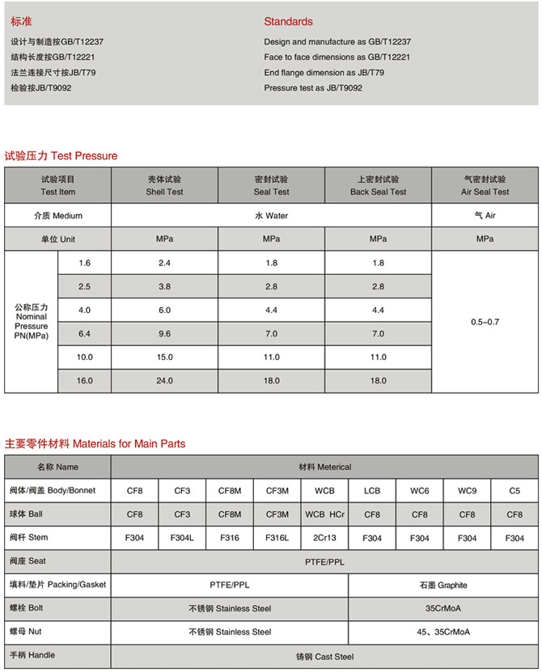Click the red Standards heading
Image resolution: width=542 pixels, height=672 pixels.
click(x=288, y=22)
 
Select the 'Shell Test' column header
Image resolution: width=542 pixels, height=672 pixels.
click(x=164, y=186)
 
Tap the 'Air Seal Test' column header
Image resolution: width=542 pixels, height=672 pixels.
click(x=485, y=186)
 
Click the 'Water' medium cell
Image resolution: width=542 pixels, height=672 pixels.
click(x=271, y=216)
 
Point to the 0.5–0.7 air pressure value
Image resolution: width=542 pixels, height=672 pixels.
click(x=485, y=322)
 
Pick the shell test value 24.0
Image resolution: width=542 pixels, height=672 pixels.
click(x=164, y=380)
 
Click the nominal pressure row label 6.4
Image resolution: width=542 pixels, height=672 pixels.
click(x=85, y=334)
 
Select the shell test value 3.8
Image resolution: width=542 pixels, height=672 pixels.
click(x=164, y=287)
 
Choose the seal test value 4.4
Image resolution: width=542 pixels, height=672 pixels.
click(x=271, y=311)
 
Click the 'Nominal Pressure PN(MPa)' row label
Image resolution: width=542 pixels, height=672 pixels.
click(x=32, y=321)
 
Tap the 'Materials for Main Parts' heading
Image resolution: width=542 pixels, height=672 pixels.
click(x=129, y=444)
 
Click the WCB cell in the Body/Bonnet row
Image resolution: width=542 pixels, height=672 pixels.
click(x=324, y=491)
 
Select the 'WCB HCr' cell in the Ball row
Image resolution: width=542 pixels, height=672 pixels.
click(x=324, y=514)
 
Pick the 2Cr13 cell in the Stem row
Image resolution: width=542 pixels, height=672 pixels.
click(x=324, y=538)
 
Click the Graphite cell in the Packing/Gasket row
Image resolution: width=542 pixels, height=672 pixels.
click(x=443, y=585)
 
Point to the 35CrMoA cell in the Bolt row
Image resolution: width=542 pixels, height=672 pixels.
click(x=443, y=608)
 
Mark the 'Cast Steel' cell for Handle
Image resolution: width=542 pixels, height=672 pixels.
click(x=324, y=656)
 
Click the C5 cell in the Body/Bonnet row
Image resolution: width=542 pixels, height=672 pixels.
click(x=514, y=491)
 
